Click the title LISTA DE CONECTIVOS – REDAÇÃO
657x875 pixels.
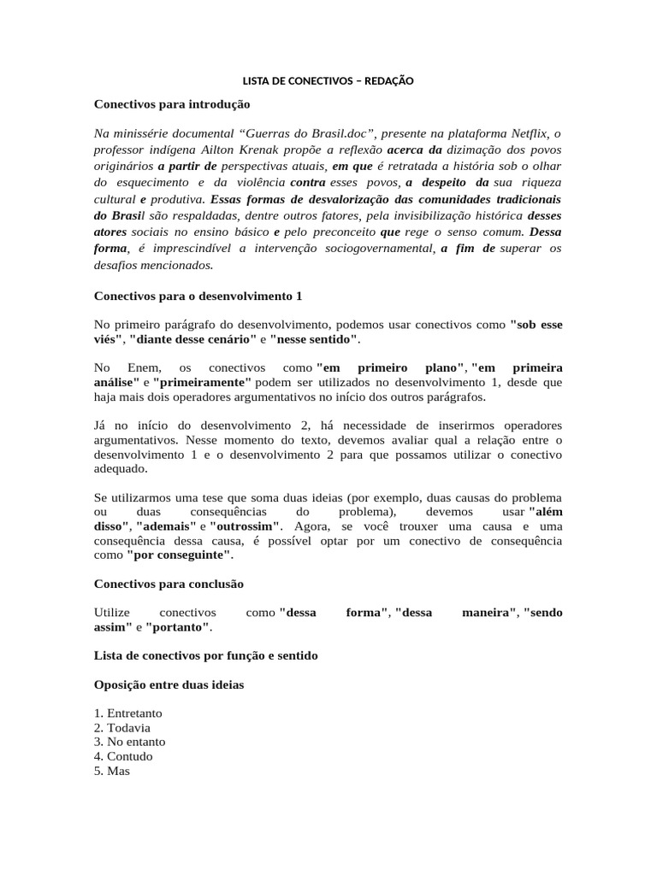pyautogui.click(x=328, y=80)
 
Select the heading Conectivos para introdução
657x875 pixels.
pyautogui.click(x=171, y=103)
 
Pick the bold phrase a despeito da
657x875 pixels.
pyautogui.click(x=447, y=183)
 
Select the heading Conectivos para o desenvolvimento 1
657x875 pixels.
pyautogui.click(x=198, y=296)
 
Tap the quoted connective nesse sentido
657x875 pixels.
pyautogui.click(x=314, y=339)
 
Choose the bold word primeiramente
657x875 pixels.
pyautogui.click(x=202, y=382)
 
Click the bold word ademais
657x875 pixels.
pyautogui.click(x=166, y=526)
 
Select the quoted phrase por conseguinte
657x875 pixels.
pyautogui.click(x=179, y=555)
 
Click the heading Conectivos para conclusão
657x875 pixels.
pyautogui.click(x=169, y=584)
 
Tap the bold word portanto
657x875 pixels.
pyautogui.click(x=179, y=626)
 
